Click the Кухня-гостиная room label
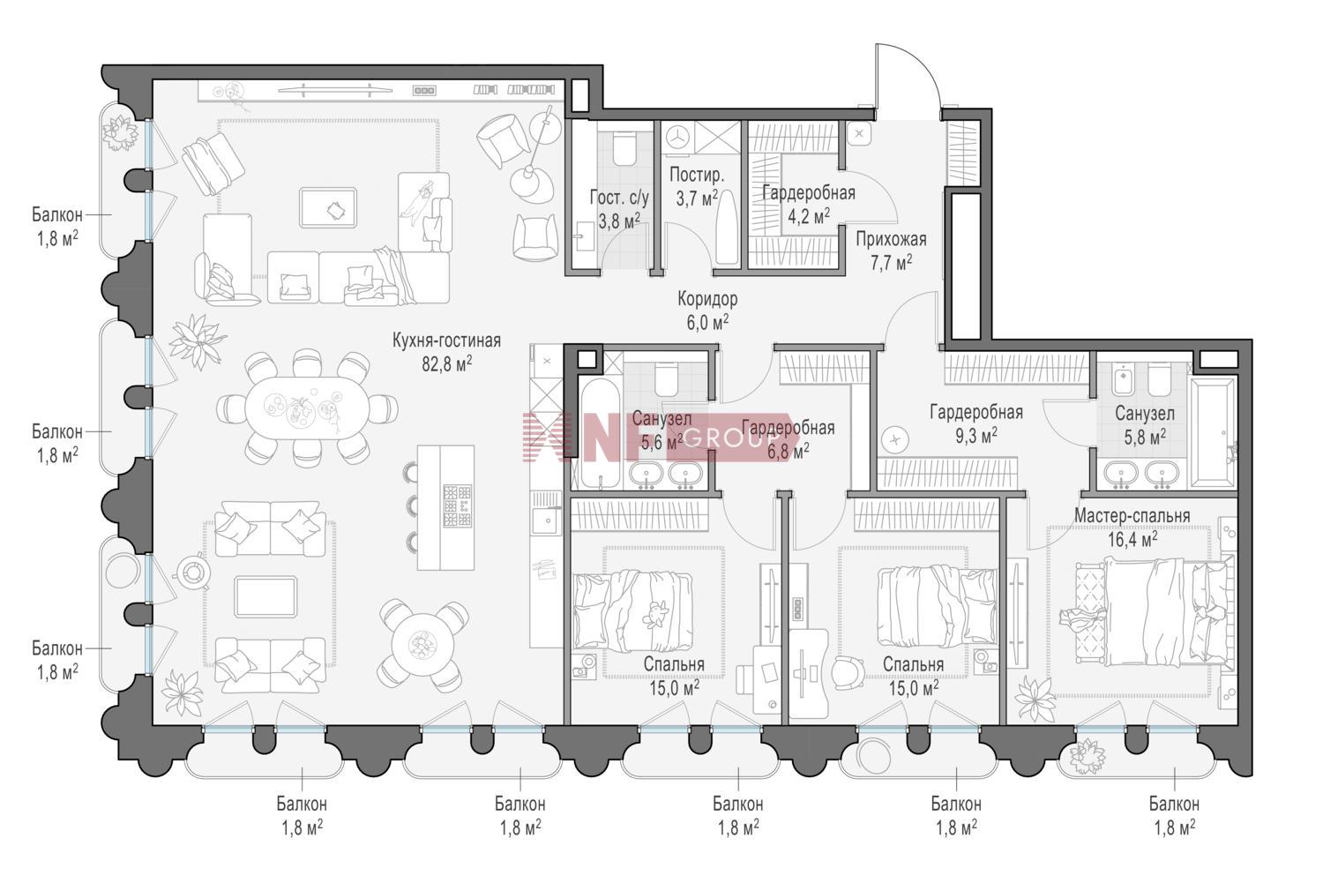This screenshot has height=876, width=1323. [446, 341]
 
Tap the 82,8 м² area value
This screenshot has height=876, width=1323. [446, 363]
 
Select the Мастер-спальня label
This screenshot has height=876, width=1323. [1132, 516]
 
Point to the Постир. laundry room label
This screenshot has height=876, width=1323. [697, 175]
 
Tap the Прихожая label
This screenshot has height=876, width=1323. [891, 239]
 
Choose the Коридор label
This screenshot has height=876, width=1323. [707, 299]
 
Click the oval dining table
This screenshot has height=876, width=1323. [307, 408]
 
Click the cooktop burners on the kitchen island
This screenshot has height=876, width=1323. [457, 505]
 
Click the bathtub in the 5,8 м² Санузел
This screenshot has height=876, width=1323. [1213, 434]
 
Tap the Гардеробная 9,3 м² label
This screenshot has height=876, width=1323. [976, 423]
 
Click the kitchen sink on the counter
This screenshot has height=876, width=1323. [547, 520]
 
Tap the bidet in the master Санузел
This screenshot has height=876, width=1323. [1122, 378]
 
